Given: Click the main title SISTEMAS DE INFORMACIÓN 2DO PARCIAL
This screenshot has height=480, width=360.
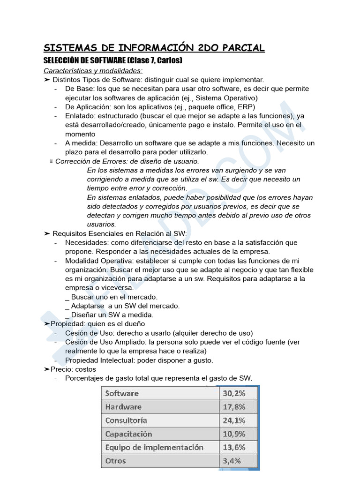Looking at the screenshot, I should click(154, 48).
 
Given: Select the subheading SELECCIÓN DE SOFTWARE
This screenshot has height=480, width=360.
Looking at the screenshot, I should click(85, 61).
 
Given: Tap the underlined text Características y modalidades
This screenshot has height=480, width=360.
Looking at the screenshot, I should click(93, 71).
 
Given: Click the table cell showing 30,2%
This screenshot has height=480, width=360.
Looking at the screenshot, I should click(233, 393).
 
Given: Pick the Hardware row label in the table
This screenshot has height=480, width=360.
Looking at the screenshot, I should click(123, 407).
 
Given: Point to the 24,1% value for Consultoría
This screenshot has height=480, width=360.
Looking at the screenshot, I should click(233, 420).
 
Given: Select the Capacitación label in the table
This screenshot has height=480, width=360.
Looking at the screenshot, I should click(128, 434).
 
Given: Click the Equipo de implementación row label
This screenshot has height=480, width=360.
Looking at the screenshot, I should click(154, 447).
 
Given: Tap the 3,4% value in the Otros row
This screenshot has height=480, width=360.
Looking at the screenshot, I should click(232, 461).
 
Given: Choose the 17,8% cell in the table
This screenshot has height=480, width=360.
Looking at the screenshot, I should click(233, 407).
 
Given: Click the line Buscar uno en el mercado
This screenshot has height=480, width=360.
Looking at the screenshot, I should click(111, 297).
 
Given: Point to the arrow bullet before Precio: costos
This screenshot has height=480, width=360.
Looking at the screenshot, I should click(46, 369).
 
